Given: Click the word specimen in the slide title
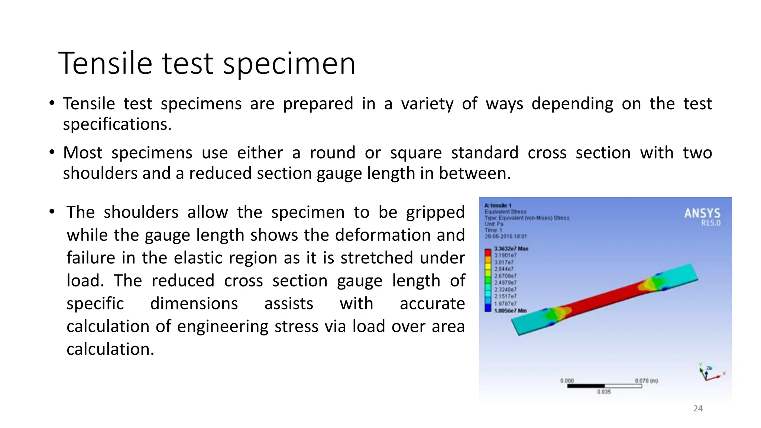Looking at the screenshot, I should [x=289, y=64].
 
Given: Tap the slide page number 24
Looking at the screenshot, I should [x=698, y=409].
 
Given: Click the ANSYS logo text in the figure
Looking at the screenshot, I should [x=702, y=213].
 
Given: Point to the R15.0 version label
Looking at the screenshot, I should [x=710, y=223].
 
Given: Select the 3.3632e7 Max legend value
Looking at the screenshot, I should [x=511, y=249].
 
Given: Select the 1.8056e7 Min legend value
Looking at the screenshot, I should [x=510, y=311].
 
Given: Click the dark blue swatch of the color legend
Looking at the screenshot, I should [x=488, y=308].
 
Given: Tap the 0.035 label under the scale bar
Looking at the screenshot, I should [x=604, y=392].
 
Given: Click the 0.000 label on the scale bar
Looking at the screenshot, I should [x=567, y=381].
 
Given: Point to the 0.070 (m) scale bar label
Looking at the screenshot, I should [x=646, y=381].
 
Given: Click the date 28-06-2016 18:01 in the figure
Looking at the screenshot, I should [x=505, y=236].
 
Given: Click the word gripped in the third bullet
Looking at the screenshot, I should [x=435, y=213].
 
